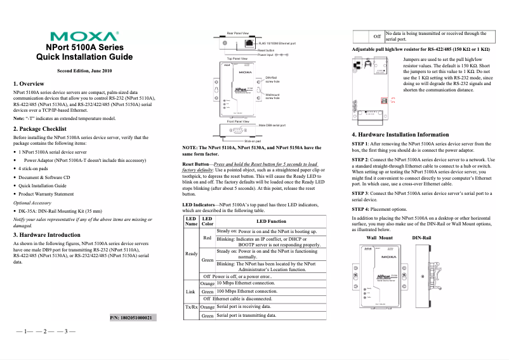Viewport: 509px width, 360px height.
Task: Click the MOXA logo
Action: coord(89,36)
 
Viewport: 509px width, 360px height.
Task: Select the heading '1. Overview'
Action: coord(29,84)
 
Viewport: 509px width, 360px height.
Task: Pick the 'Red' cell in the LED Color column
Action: coord(207,237)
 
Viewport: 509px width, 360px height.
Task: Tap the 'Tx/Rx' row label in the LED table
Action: coord(191,307)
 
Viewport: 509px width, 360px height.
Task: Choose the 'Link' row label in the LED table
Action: coord(191,291)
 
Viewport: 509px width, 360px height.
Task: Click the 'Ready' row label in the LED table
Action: coord(191,253)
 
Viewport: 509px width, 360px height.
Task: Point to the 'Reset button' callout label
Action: coord(266,50)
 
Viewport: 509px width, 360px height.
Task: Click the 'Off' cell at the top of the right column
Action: coord(376,36)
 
